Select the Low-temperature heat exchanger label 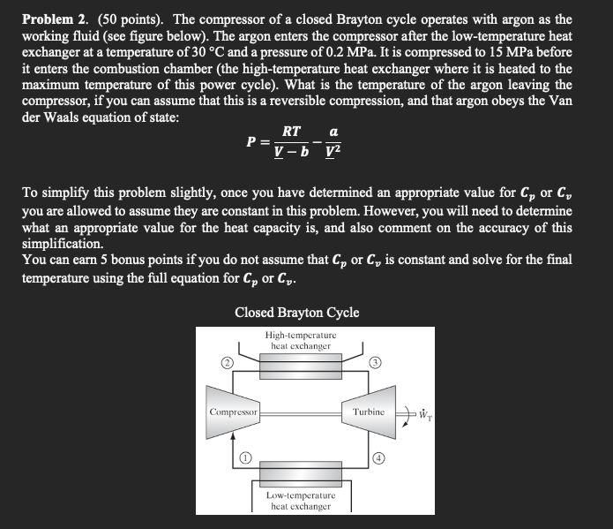pyautogui.click(x=298, y=501)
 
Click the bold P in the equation pyautogui.click(x=252, y=141)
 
